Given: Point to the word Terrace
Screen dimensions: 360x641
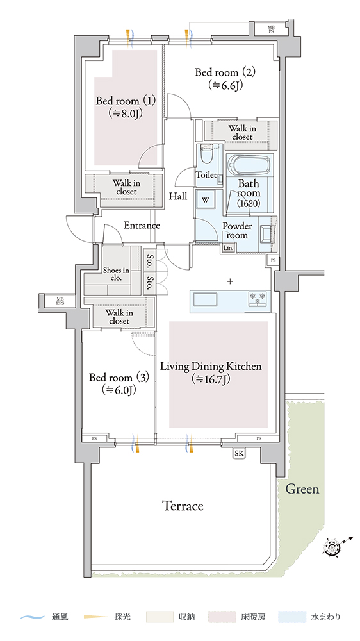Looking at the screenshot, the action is [x=183, y=506].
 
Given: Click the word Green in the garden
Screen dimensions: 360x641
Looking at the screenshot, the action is [x=302, y=489].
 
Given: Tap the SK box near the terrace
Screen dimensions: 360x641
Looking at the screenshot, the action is [x=240, y=453].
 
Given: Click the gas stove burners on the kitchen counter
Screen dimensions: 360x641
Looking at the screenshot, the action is [x=258, y=297].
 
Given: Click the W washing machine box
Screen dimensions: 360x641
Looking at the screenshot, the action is [x=206, y=200].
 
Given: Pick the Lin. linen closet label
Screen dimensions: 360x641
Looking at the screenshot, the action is [x=229, y=247].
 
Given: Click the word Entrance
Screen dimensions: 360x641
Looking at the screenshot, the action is [x=142, y=225].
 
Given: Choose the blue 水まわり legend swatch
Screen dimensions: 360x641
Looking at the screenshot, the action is [x=291, y=617].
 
